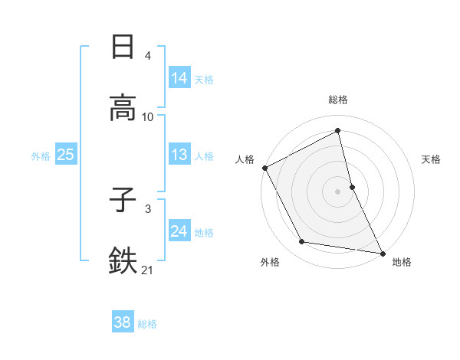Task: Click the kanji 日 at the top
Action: [x=123, y=47]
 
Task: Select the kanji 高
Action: [x=123, y=108]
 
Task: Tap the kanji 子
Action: [x=123, y=200]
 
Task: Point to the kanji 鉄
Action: [x=123, y=260]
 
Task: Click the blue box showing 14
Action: [x=179, y=78]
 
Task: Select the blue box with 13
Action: [x=179, y=155]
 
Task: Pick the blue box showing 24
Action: [x=179, y=231]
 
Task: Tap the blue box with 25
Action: [x=65, y=155]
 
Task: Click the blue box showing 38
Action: [x=122, y=322]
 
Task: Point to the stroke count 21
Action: [x=148, y=269]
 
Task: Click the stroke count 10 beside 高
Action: [x=148, y=117]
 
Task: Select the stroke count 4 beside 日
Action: [x=148, y=56]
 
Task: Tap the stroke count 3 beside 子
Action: [x=148, y=208]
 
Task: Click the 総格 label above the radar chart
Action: [x=338, y=100]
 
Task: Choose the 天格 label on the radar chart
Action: [x=432, y=159]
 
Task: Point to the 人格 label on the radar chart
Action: [x=245, y=159]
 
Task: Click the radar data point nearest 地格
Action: [x=382, y=253]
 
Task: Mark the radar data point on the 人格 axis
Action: [x=264, y=168]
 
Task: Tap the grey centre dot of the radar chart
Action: [x=338, y=191]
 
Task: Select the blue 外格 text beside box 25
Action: [x=41, y=155]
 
